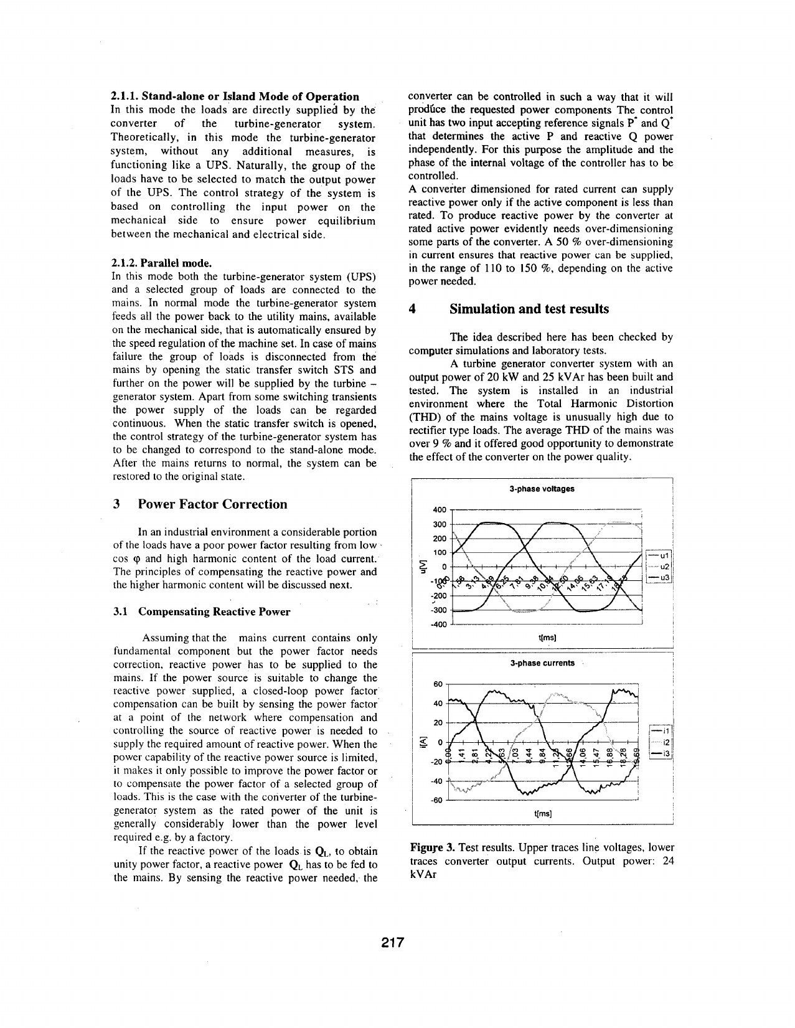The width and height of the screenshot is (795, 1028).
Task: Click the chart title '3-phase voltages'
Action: coord(541,489)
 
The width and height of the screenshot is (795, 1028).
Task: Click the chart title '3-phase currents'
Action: coord(542,663)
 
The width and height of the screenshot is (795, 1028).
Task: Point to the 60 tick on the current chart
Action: coord(438,684)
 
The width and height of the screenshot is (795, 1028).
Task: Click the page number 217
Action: coord(393,942)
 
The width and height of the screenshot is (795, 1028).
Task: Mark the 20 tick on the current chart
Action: coord(438,723)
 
